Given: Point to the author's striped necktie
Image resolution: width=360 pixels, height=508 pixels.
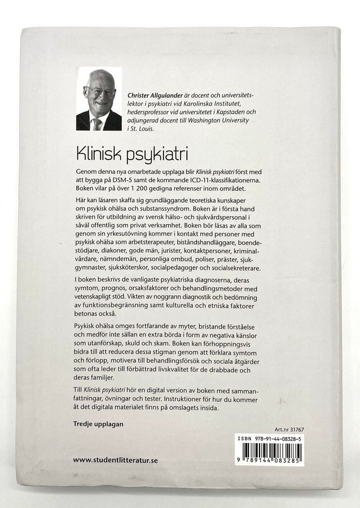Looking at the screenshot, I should (98, 123).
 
